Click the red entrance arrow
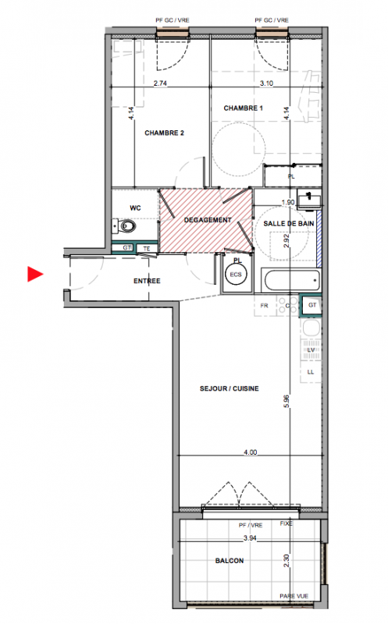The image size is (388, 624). coord(34,274)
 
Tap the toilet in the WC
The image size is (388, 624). coord(124,226)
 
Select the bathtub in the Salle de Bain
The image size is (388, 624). coord(292,280)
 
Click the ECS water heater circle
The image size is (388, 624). coord(236,275)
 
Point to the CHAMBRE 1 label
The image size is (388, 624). coord(243,108)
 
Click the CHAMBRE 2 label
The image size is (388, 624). coord(164,133)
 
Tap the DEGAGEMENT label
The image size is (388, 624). coord(208,220)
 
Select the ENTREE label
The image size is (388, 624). coord(147,281)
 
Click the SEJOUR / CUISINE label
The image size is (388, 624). coord(229,388)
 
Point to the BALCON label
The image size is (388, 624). coord(230,561)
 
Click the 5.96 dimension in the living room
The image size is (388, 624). coord(287,402)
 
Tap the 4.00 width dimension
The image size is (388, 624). coord(250,452)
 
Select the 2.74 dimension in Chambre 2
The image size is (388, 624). coord(160,83)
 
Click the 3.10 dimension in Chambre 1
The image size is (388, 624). coord(266,83)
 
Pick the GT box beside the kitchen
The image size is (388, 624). coord(311,305)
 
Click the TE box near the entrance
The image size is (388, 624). coord(147,249)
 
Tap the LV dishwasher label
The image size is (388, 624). coord(311,349)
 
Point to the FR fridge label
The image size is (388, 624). coord(264,306)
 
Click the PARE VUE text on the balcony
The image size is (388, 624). coord(294,596)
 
